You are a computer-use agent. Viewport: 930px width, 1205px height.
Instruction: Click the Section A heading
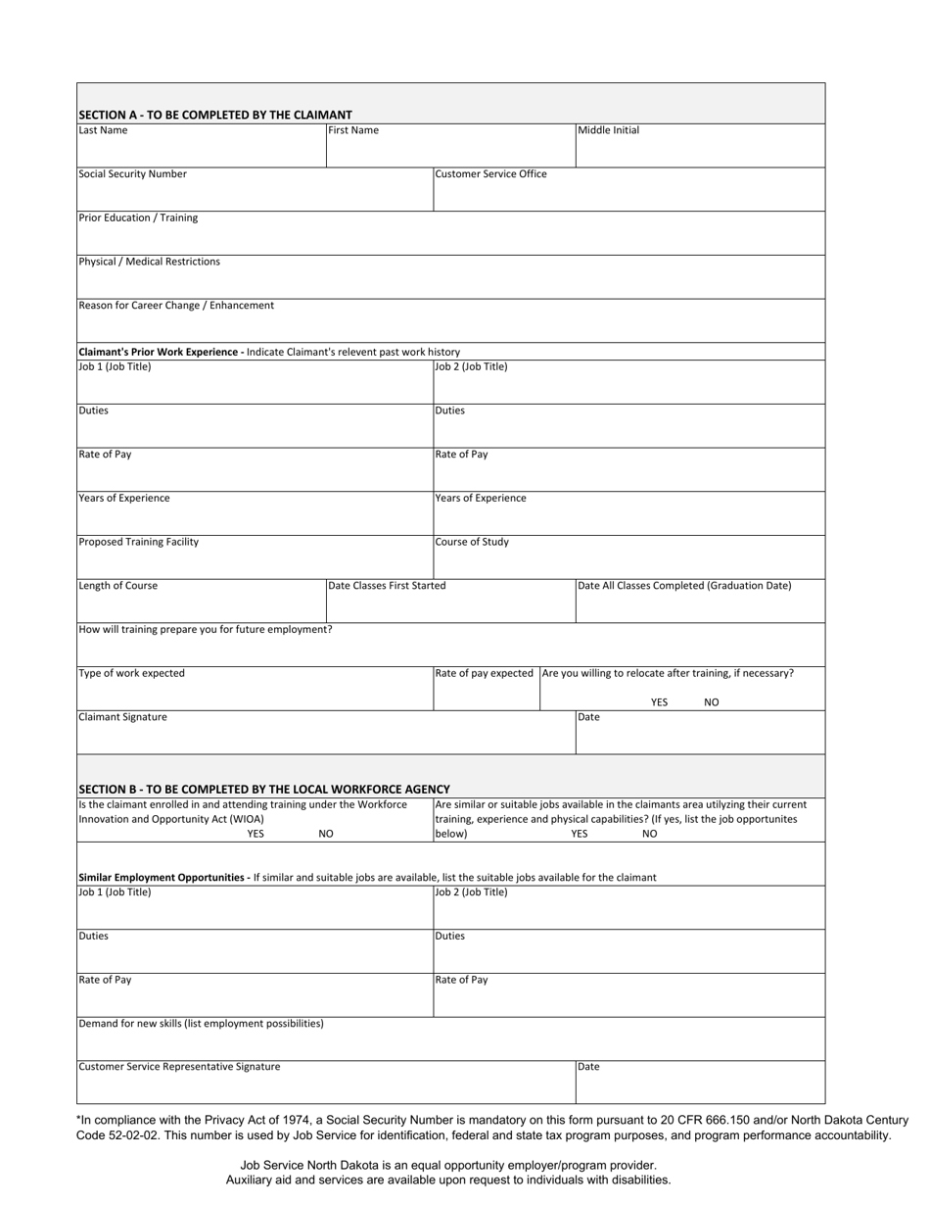pyautogui.click(x=214, y=115)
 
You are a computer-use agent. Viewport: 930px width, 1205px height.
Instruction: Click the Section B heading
pyautogui.click(x=263, y=789)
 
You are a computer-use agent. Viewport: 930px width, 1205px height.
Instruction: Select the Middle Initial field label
pyautogui.click(x=608, y=130)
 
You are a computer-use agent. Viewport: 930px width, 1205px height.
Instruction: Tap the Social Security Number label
pyautogui.click(x=132, y=174)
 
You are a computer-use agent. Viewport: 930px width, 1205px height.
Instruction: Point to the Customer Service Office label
pyautogui.click(x=490, y=174)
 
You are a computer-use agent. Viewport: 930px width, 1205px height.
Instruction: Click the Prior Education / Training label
pyautogui.click(x=137, y=217)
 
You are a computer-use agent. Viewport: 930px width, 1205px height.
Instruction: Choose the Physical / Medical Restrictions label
pyautogui.click(x=149, y=262)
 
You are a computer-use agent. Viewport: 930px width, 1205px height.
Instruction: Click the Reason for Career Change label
pyautogui.click(x=176, y=306)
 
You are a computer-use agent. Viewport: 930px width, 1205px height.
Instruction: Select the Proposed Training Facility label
pyautogui.click(x=138, y=542)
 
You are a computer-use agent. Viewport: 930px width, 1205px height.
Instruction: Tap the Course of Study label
pyautogui.click(x=472, y=542)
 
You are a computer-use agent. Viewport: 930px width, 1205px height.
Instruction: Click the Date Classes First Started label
pyautogui.click(x=387, y=586)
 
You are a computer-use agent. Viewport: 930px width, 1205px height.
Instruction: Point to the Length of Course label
pyautogui.click(x=117, y=586)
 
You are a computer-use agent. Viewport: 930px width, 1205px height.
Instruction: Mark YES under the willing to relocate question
pyautogui.click(x=659, y=702)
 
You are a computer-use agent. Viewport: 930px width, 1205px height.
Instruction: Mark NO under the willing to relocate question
pyautogui.click(x=712, y=702)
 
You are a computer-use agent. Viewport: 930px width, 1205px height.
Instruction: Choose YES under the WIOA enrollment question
pyautogui.click(x=256, y=834)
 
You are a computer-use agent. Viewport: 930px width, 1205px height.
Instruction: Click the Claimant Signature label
pyautogui.click(x=122, y=717)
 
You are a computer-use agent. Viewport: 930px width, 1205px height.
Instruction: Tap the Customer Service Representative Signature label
pyautogui.click(x=179, y=1067)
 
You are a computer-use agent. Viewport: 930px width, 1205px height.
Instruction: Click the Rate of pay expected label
pyautogui.click(x=485, y=673)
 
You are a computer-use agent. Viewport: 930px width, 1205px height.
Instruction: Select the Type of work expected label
pyautogui.click(x=131, y=673)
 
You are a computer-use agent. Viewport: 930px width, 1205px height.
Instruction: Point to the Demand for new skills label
pyautogui.click(x=201, y=1024)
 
